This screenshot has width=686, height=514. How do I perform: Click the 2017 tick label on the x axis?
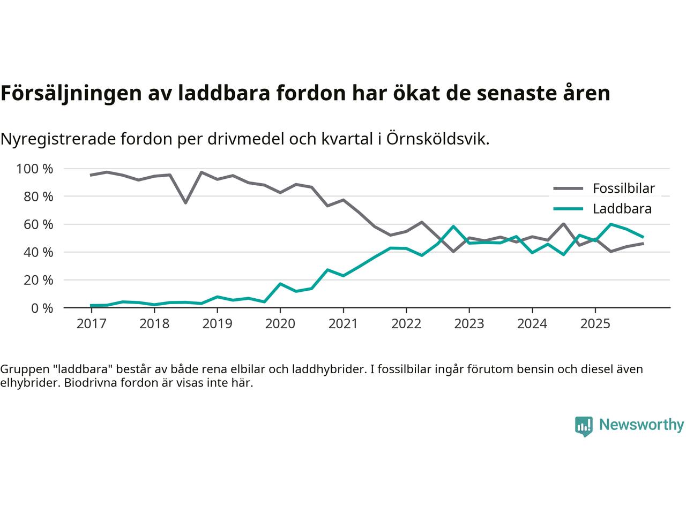click(x=91, y=324)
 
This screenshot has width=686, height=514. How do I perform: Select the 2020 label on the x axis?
click(x=280, y=324)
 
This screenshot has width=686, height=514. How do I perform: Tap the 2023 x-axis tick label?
click(x=469, y=324)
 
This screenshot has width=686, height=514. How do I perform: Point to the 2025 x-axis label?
click(x=595, y=324)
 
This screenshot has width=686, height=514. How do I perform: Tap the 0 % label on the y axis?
click(x=42, y=308)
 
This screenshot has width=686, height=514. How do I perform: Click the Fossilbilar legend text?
click(x=623, y=188)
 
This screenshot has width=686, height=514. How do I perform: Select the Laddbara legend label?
click(x=622, y=209)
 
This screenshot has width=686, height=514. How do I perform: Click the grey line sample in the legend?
click(x=568, y=188)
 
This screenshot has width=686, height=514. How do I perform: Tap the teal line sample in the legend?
click(x=568, y=209)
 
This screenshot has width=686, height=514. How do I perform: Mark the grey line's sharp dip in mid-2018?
click(x=185, y=202)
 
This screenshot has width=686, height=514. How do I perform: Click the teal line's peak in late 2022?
click(x=453, y=226)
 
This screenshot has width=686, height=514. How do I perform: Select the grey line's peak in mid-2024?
click(x=564, y=224)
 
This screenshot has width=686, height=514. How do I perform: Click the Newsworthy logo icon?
click(x=584, y=426)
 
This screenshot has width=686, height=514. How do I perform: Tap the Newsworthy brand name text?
click(x=641, y=425)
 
